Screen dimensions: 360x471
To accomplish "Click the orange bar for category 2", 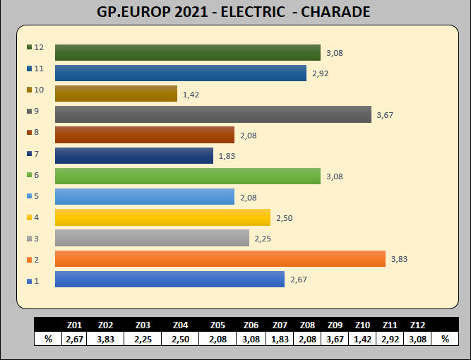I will click(x=220, y=259).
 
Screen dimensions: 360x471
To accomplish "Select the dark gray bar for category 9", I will click(x=213, y=114).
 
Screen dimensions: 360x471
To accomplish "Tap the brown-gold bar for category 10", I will click(x=116, y=94).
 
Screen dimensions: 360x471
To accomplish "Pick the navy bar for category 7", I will click(x=133, y=155).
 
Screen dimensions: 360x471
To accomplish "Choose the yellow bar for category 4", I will click(x=162, y=217).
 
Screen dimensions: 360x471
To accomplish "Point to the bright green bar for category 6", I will click(x=187, y=176).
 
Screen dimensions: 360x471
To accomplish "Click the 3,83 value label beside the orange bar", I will click(x=399, y=259).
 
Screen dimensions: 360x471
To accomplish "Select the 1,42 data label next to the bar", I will click(x=191, y=94).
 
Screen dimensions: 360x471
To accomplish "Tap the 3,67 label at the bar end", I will click(x=385, y=114).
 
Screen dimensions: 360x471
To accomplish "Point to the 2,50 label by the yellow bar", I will click(x=284, y=218).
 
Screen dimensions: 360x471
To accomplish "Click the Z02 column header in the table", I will click(x=105, y=326).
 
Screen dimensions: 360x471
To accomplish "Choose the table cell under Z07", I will click(x=280, y=340).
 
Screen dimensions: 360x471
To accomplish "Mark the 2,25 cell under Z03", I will click(x=142, y=340).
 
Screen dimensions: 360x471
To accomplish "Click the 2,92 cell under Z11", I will click(x=388, y=340).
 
